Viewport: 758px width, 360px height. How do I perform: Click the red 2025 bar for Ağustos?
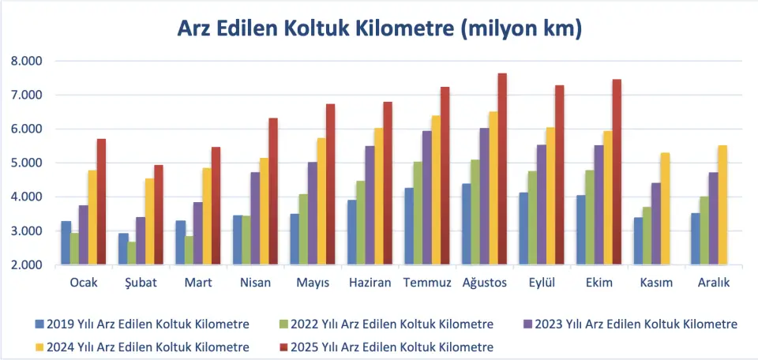502,169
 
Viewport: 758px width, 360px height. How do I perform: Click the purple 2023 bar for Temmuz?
426,197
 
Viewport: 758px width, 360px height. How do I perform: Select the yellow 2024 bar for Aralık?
722,205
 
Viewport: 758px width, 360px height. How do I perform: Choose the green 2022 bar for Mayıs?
304,229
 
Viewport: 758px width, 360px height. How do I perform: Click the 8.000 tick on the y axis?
27,61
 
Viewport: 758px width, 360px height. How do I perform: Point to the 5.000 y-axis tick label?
27,163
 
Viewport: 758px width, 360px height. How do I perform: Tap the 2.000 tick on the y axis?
27,265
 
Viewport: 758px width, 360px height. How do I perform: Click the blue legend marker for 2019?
39,324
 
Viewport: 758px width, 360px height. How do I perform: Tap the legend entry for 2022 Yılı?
392,324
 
